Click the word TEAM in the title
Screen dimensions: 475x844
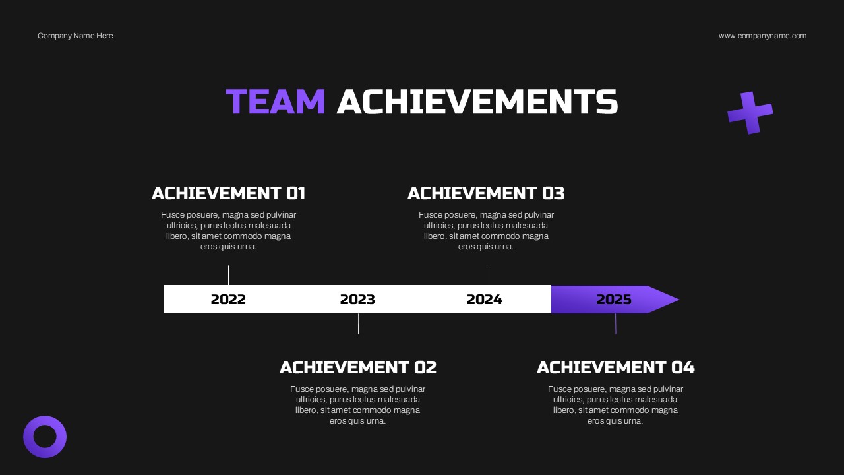tap(276, 102)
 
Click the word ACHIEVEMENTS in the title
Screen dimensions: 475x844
tap(477, 102)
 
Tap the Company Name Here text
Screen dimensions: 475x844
tap(75, 36)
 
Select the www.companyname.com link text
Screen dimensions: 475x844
tap(762, 36)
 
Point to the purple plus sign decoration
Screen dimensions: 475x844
tap(750, 113)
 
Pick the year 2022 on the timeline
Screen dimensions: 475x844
tap(228, 300)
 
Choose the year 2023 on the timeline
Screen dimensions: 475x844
tap(357, 300)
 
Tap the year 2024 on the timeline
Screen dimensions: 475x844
tap(484, 300)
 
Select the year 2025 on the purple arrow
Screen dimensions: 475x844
tap(614, 300)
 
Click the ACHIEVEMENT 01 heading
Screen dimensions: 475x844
tap(228, 193)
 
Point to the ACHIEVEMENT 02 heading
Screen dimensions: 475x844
tap(358, 367)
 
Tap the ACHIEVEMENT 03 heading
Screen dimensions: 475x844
tap(486, 193)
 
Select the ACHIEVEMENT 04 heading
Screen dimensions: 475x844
tap(615, 367)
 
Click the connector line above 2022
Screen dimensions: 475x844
tap(228, 275)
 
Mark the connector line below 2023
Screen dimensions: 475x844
tap(358, 324)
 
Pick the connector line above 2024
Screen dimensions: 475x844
tap(487, 275)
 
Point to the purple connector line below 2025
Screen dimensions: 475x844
tap(616, 324)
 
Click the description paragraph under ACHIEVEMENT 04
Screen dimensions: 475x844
tap(615, 405)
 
